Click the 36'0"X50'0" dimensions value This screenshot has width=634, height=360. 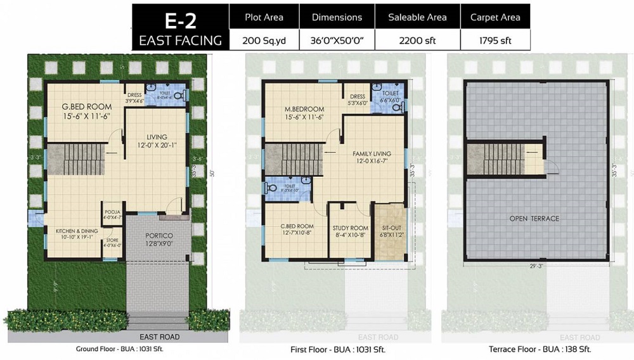[337, 41]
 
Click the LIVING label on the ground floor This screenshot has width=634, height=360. [156, 137]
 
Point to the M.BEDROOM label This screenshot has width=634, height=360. [304, 109]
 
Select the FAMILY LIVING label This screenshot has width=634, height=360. [372, 153]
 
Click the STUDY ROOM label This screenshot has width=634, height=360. [350, 228]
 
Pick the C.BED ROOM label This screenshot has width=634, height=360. [297, 226]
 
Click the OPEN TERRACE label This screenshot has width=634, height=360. [534, 219]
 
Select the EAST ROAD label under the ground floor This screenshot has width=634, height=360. [160, 337]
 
